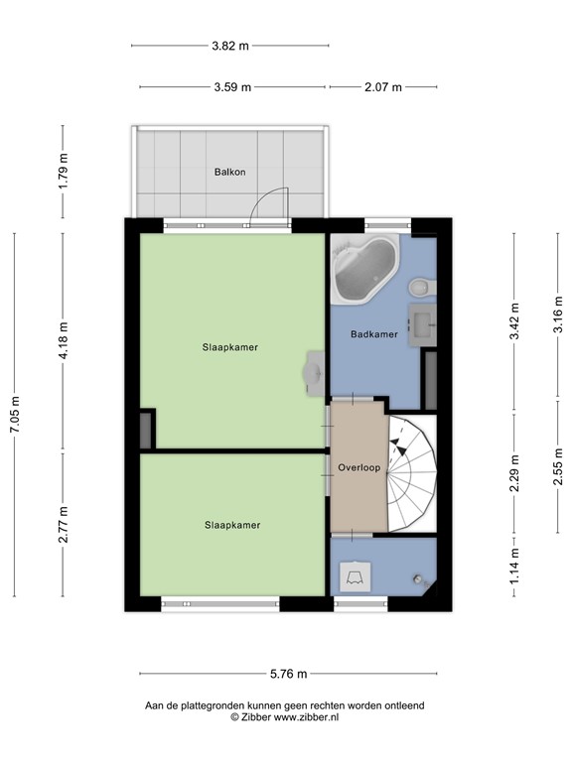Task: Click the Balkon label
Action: click(229, 172)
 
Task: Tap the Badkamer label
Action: click(374, 334)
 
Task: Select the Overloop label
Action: click(357, 466)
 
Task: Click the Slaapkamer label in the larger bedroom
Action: click(230, 347)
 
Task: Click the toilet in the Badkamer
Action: click(421, 287)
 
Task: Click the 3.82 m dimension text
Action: click(230, 46)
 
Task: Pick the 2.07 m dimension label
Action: click(382, 87)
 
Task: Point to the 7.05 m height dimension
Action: click(14, 415)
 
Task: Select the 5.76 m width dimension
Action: click(287, 674)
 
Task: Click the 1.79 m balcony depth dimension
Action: click(64, 172)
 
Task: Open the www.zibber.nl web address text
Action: click(306, 716)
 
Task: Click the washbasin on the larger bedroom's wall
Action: click(315, 371)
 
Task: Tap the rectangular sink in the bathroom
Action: click(425, 323)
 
